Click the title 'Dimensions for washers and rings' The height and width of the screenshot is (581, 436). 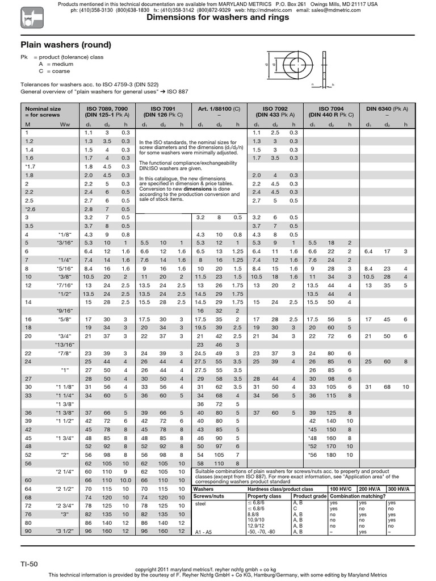pos(218,18)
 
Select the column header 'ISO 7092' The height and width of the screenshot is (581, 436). pos(275,107)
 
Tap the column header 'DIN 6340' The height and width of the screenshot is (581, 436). pos(381,107)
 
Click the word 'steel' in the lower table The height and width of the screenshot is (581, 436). pos(200,503)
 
